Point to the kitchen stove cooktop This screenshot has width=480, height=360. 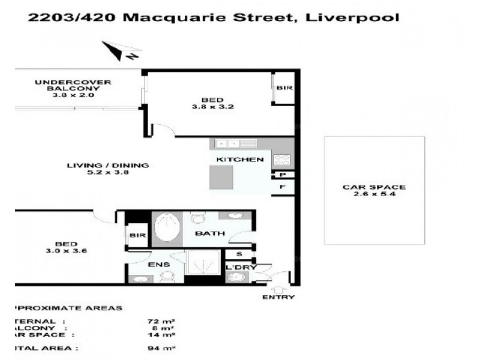coord(282,160)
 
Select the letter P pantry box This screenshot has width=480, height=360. coord(282,175)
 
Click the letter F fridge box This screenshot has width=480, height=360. coord(282,187)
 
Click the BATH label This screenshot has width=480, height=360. coord(209,234)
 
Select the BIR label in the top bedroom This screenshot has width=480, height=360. coord(283,88)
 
